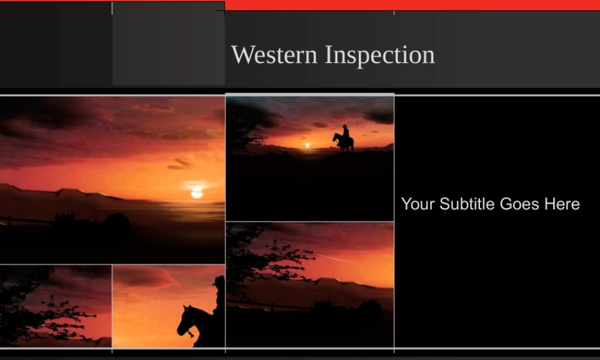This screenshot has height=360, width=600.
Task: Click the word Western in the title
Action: (x=274, y=55)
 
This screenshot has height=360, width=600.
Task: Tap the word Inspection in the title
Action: (x=380, y=55)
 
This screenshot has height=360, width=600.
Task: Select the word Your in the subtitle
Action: (x=418, y=204)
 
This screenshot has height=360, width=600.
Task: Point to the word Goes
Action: (x=519, y=204)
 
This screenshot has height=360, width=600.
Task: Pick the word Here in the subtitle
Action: (x=562, y=204)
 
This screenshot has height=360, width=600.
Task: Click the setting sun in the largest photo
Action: (x=197, y=193)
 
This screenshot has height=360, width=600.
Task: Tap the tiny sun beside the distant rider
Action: (x=308, y=145)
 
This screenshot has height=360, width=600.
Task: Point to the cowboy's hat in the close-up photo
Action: (x=219, y=281)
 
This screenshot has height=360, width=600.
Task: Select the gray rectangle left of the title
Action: (x=168, y=44)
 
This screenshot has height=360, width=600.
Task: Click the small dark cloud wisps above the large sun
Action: (x=180, y=163)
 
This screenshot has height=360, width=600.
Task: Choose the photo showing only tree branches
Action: (x=55, y=306)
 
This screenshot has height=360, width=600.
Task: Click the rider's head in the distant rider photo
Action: (x=345, y=127)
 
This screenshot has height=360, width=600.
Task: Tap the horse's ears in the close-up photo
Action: (x=188, y=307)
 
